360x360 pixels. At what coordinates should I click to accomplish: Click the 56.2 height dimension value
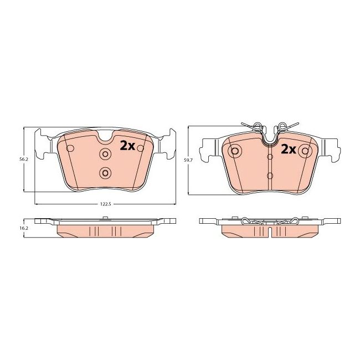point(23,159)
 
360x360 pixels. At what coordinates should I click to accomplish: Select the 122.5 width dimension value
point(105,204)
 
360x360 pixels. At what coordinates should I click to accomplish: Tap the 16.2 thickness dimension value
point(23,228)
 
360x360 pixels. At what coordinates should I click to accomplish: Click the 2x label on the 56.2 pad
point(127,146)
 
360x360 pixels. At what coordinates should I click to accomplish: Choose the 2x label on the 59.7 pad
point(287,149)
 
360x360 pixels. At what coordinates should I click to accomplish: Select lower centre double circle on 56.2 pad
point(105,173)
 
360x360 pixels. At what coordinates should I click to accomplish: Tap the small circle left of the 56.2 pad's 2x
point(140,148)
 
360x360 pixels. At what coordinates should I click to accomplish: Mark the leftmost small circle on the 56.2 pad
point(70,148)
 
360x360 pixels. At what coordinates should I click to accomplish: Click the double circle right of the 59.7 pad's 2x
point(304,151)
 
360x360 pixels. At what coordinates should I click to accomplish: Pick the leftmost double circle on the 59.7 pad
point(235,151)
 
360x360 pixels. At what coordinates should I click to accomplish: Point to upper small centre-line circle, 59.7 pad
point(269,157)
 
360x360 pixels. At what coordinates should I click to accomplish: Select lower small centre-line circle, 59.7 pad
point(269,176)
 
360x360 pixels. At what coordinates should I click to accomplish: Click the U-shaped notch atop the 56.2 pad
point(105,136)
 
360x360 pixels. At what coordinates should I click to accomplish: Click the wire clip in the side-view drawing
point(269,222)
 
